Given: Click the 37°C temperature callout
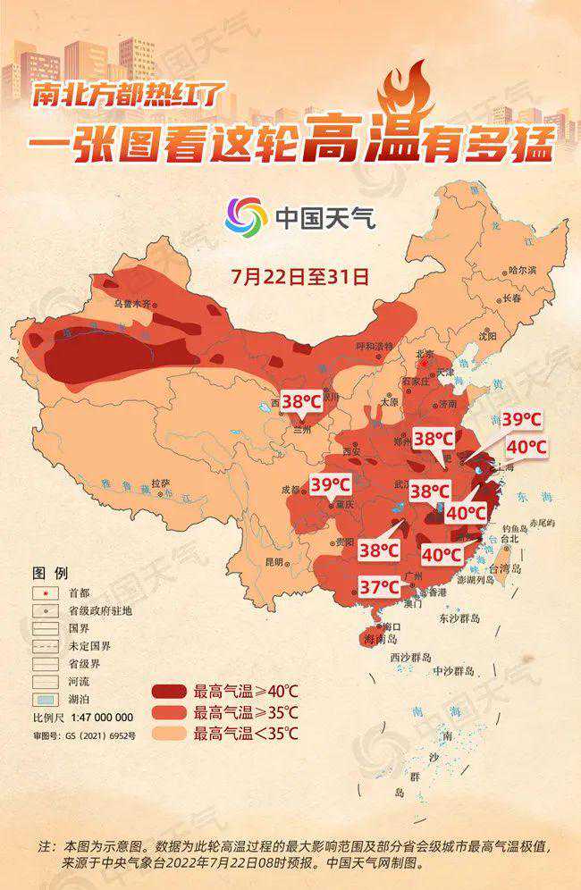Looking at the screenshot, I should point(378,587).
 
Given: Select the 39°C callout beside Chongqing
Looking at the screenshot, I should point(331,485).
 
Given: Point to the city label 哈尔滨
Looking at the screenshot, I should point(522,270).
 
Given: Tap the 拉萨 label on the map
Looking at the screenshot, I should point(161,483).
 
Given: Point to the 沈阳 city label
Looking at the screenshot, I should point(511,336).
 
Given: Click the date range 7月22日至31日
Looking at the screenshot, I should point(299,275).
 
